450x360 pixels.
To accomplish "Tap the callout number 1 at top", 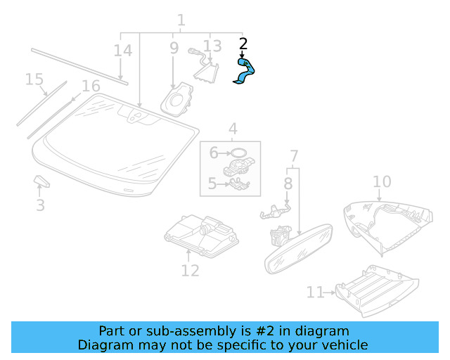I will point(181,20).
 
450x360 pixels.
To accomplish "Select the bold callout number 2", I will point(243,44).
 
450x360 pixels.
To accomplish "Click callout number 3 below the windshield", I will point(41,205).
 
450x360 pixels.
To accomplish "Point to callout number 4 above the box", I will point(232,129).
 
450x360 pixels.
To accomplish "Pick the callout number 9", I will point(174,49).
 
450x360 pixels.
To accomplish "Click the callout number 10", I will point(381,182).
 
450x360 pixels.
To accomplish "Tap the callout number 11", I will point(314,292).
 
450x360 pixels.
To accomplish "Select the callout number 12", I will point(190,271).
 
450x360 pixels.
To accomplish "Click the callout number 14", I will point(122,51).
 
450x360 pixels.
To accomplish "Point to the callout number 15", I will point(34,79).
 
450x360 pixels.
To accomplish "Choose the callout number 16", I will point(91,86).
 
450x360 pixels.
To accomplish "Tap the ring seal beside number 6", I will point(239,153).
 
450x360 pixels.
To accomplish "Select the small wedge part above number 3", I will point(41,183).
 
